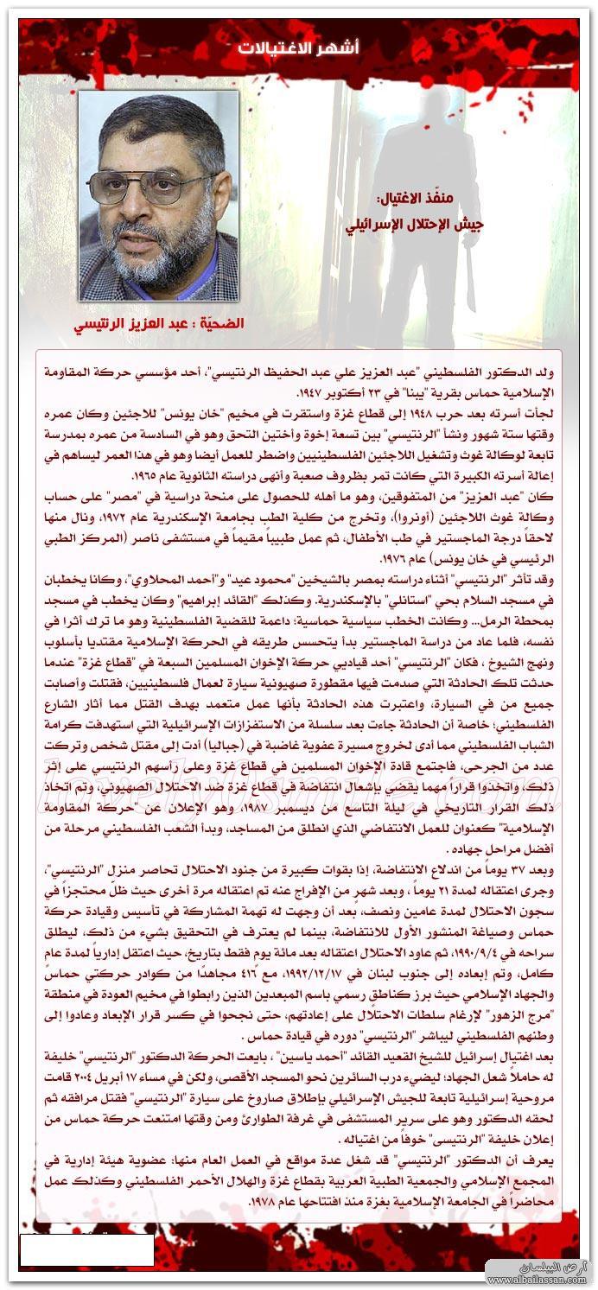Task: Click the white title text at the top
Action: pyautogui.click(x=298, y=48)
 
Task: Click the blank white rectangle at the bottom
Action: pyautogui.click(x=86, y=1250)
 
